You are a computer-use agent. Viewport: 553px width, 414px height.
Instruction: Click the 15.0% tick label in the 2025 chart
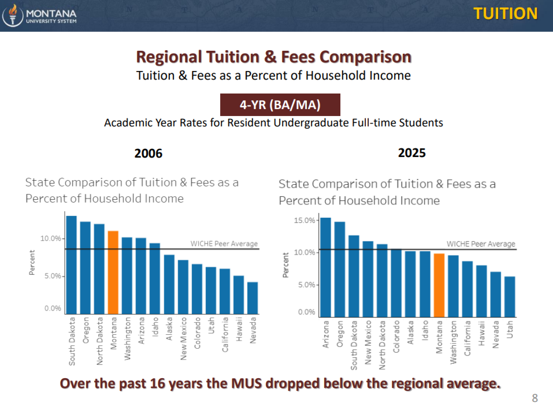tap(305, 221)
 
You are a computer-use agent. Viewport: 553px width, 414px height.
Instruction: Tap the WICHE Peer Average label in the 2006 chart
tap(224, 244)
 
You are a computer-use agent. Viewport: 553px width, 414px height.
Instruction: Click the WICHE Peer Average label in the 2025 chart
tap(481, 244)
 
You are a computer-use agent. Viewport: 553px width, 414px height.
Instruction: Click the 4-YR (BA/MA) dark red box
tap(280, 105)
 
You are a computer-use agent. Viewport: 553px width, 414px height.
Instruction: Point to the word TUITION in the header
tap(506, 14)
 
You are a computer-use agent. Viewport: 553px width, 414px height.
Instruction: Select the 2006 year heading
tap(149, 154)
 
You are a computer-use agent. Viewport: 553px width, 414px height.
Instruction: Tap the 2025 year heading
tap(412, 153)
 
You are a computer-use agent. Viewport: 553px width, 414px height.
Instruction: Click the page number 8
tap(535, 398)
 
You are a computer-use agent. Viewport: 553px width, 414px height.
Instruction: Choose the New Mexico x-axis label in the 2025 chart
tap(368, 340)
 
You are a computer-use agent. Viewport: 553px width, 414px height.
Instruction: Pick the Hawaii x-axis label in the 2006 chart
tap(239, 331)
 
